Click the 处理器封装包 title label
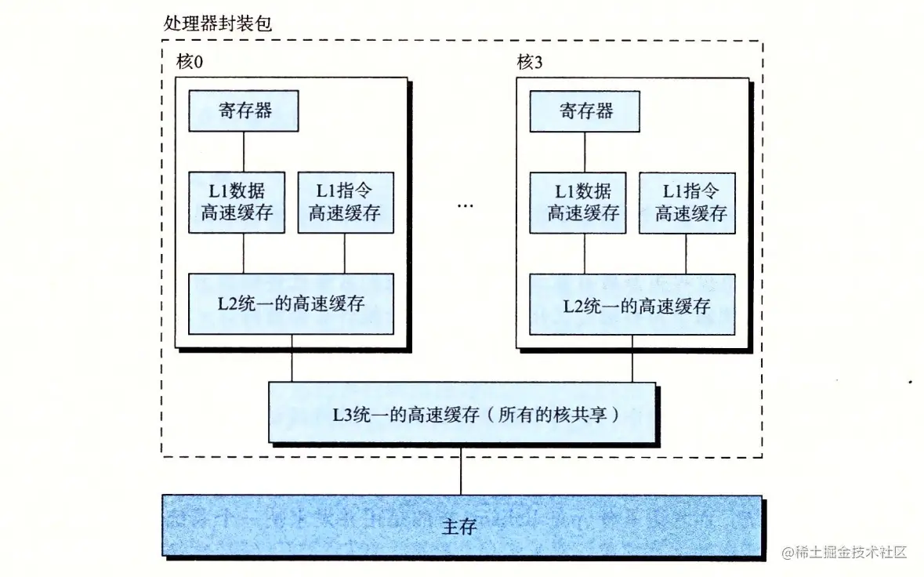[218, 23]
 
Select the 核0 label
[189, 62]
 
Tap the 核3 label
[530, 62]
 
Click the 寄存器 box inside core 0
[245, 111]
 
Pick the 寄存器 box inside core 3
[585, 111]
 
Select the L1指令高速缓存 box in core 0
[345, 202]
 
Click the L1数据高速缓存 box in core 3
[578, 202]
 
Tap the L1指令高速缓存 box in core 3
[687, 202]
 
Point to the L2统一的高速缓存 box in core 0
[291, 304]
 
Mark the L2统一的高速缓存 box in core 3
[632, 304]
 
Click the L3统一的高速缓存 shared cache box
[462, 413]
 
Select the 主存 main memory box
[462, 526]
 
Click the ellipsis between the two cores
[465, 205]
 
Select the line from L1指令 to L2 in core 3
[687, 253]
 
